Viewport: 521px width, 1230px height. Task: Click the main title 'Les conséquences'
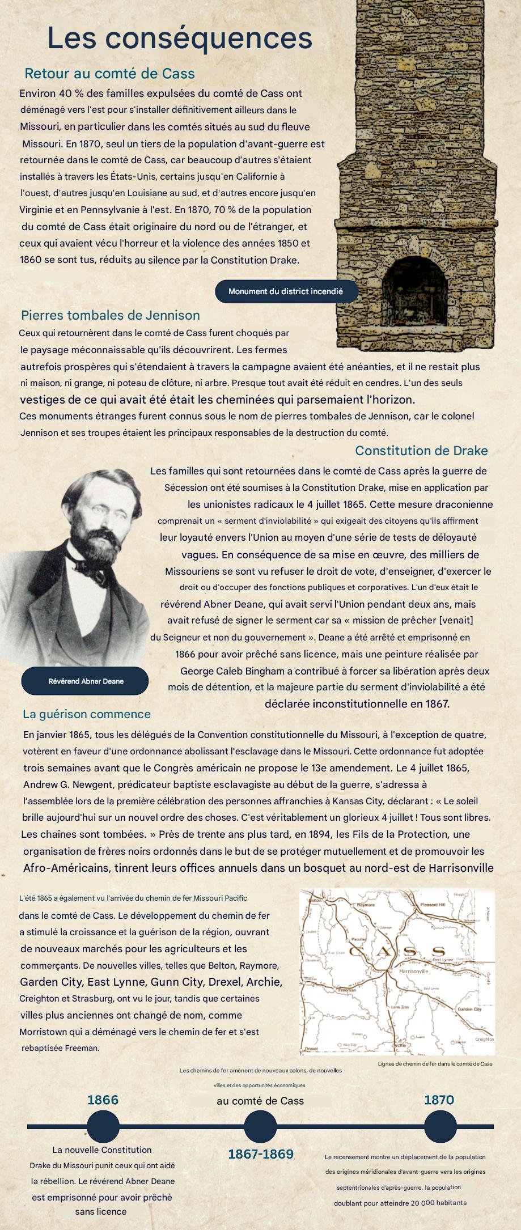(180, 38)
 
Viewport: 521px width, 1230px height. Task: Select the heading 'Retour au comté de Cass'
(109, 74)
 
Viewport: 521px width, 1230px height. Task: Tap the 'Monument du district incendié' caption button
(286, 291)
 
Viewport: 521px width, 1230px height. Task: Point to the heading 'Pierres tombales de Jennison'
(111, 315)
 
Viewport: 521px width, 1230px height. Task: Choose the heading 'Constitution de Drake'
(421, 451)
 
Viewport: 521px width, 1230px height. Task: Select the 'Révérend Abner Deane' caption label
(86, 681)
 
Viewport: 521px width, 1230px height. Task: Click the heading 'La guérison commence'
(87, 714)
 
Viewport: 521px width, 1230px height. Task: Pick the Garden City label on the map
(469, 1010)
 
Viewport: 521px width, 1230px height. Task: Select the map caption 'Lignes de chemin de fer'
(435, 1064)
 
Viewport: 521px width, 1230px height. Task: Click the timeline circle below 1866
(103, 1126)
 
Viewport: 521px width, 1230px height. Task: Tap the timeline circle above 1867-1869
(260, 1126)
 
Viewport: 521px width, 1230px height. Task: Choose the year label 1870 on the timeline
(439, 1100)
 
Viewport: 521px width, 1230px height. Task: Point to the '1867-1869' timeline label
(261, 1154)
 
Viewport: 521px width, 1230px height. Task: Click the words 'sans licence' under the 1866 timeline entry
(101, 1211)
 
